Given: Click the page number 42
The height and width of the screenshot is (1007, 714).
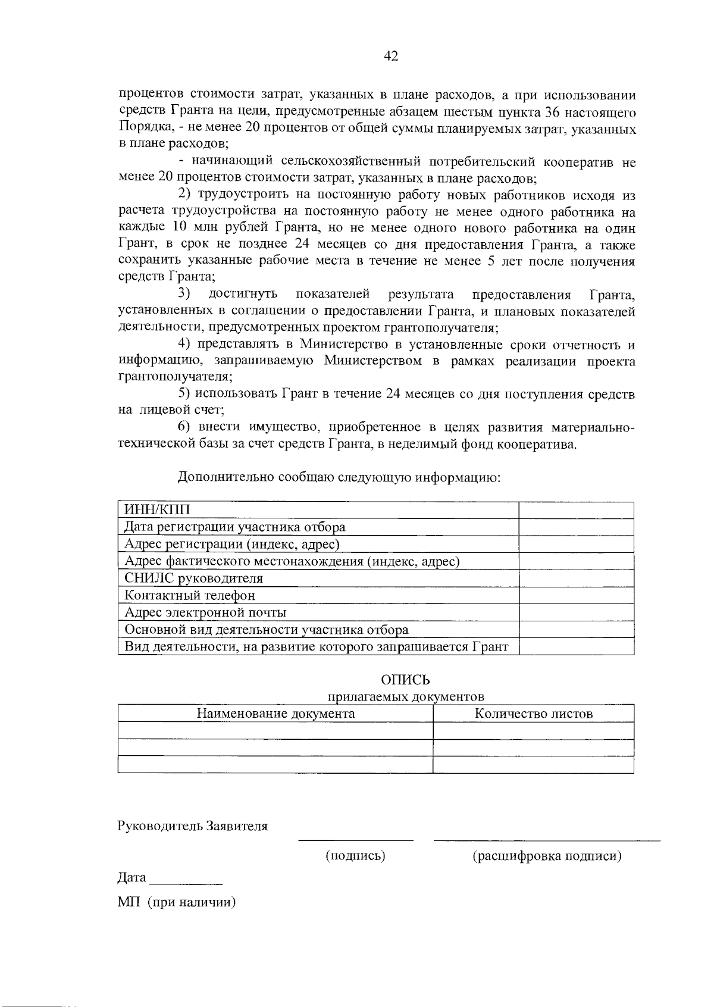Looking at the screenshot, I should click(390, 56).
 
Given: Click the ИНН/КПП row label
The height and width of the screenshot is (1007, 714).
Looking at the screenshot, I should click(158, 510).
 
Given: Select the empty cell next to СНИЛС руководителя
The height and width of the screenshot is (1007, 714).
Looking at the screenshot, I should click(576, 578).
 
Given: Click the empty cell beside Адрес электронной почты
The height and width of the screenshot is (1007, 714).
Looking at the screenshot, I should click(576, 612).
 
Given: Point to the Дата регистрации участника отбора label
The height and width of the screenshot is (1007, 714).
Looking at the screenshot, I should click(234, 527).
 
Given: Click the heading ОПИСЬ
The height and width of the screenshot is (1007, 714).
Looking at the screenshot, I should click(405, 680).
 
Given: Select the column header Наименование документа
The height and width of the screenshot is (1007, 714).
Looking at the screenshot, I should click(275, 714).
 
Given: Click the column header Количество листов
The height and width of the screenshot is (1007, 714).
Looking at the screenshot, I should click(533, 714).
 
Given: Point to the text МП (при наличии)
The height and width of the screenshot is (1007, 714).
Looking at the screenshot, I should click(177, 902).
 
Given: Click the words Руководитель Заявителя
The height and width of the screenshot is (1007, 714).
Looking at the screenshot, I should click(193, 826).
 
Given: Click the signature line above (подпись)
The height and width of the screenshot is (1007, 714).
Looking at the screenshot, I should click(355, 840).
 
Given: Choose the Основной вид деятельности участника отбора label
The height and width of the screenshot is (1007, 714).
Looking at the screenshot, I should click(266, 630).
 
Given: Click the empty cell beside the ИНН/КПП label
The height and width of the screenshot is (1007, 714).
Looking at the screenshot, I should click(576, 510).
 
